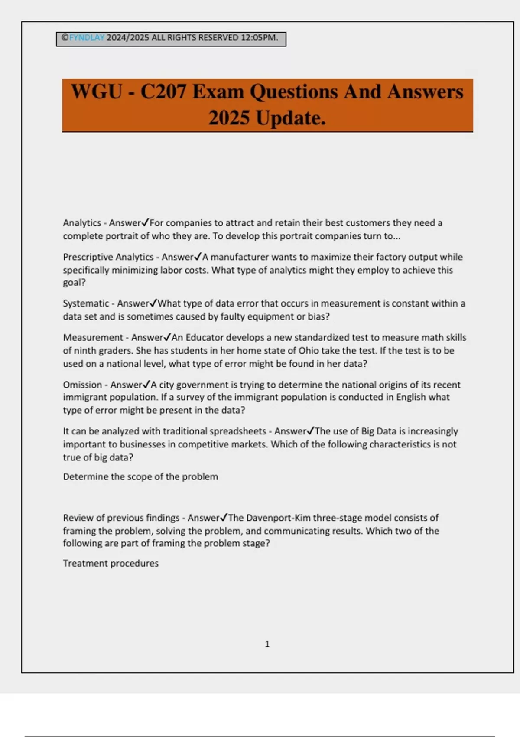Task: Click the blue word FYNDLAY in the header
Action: (87, 38)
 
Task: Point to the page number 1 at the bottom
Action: (267, 644)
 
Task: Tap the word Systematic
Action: (86, 303)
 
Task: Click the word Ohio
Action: (309, 351)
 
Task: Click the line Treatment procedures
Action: (110, 564)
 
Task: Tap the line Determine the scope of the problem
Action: (140, 477)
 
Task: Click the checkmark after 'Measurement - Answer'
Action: (167, 337)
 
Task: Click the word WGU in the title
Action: (96, 92)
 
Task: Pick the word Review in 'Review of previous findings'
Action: (76, 518)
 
